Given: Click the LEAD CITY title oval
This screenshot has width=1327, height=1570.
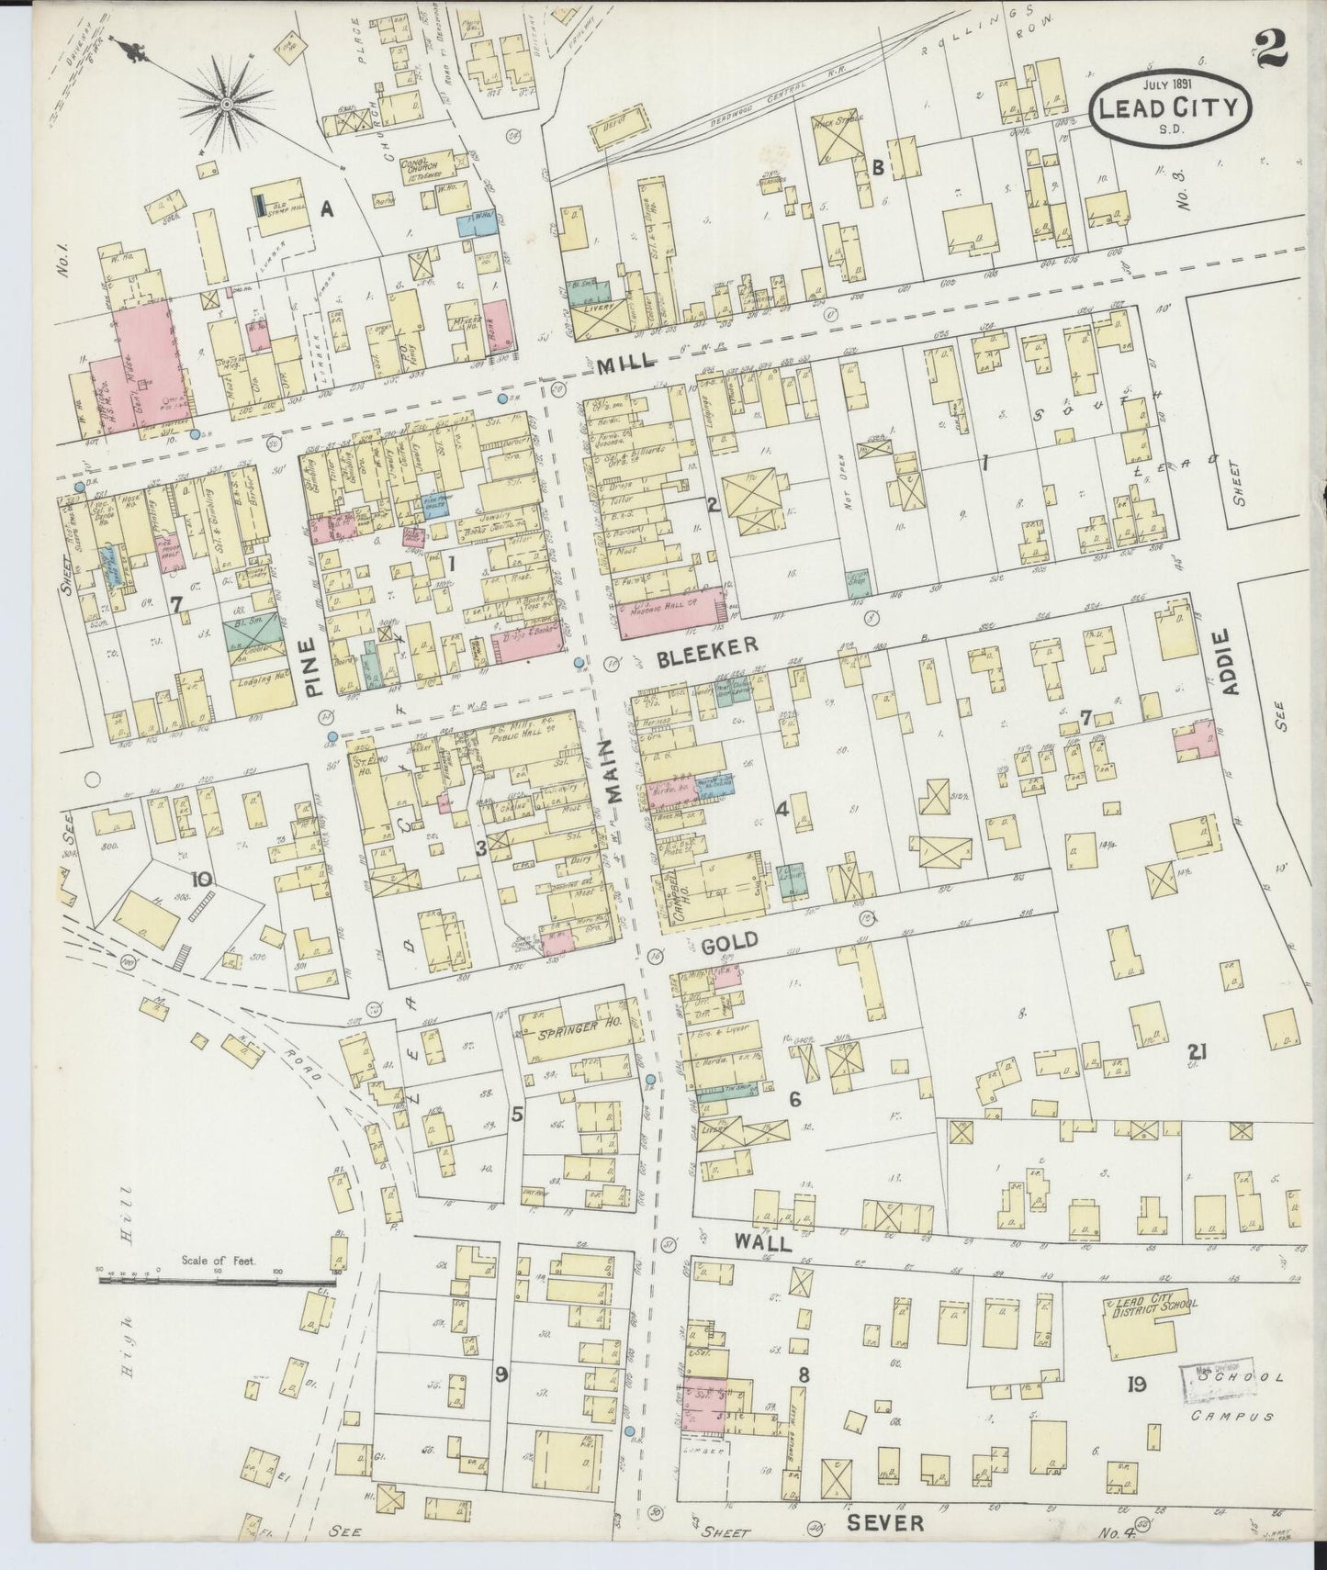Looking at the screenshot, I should (x=1170, y=107).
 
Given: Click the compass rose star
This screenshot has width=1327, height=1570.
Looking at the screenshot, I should (x=226, y=104).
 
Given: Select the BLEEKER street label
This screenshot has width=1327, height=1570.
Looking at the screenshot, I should (x=706, y=645).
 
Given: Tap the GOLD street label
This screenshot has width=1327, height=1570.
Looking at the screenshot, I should (x=729, y=940).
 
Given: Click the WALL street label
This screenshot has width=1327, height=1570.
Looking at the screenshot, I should (x=761, y=1242).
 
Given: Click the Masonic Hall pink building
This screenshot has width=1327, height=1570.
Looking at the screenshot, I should (x=668, y=622).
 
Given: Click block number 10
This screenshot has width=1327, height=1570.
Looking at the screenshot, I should (x=201, y=880).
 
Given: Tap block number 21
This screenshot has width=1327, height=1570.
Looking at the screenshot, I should (x=1195, y=1052).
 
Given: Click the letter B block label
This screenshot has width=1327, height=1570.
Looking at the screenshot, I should (x=878, y=167).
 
